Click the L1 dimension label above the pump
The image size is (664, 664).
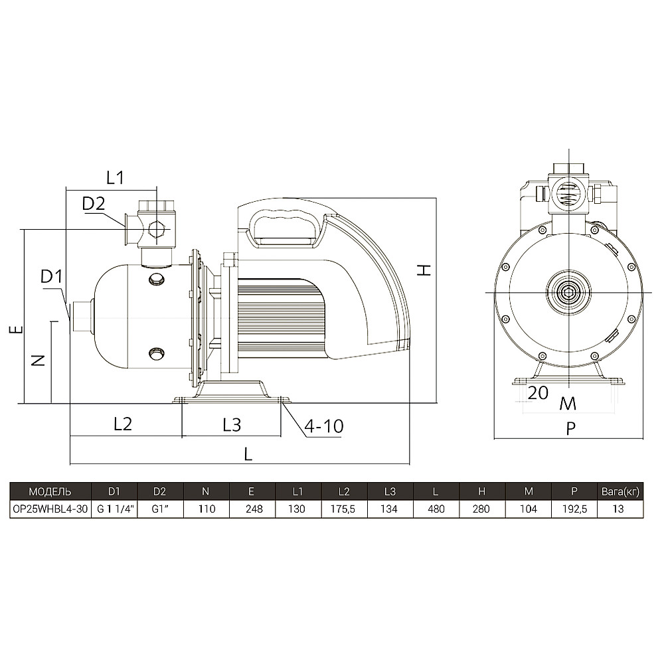point(115,178)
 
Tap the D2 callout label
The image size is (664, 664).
point(93,204)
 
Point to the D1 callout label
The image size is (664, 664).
point(51,276)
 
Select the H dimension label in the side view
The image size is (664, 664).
point(424,270)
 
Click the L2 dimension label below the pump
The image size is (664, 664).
point(123,424)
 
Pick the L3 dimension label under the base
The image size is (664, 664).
point(232,424)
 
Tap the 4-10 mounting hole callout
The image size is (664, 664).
point(324,426)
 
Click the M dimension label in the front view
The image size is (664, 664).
point(568,404)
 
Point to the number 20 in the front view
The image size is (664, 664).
point(538,393)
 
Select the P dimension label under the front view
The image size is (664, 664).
point(570,429)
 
